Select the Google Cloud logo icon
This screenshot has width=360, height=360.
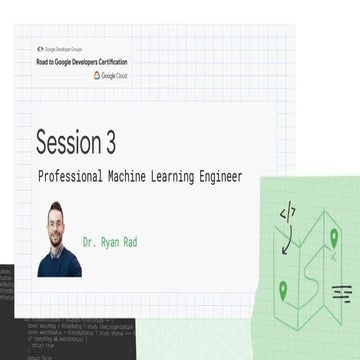coord(125,75)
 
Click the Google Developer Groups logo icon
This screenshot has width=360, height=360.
coord(40,48)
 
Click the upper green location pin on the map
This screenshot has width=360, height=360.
coord(334,238)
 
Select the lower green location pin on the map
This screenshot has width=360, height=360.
coord(283,291)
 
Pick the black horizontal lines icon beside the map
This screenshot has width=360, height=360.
coord(342,292)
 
